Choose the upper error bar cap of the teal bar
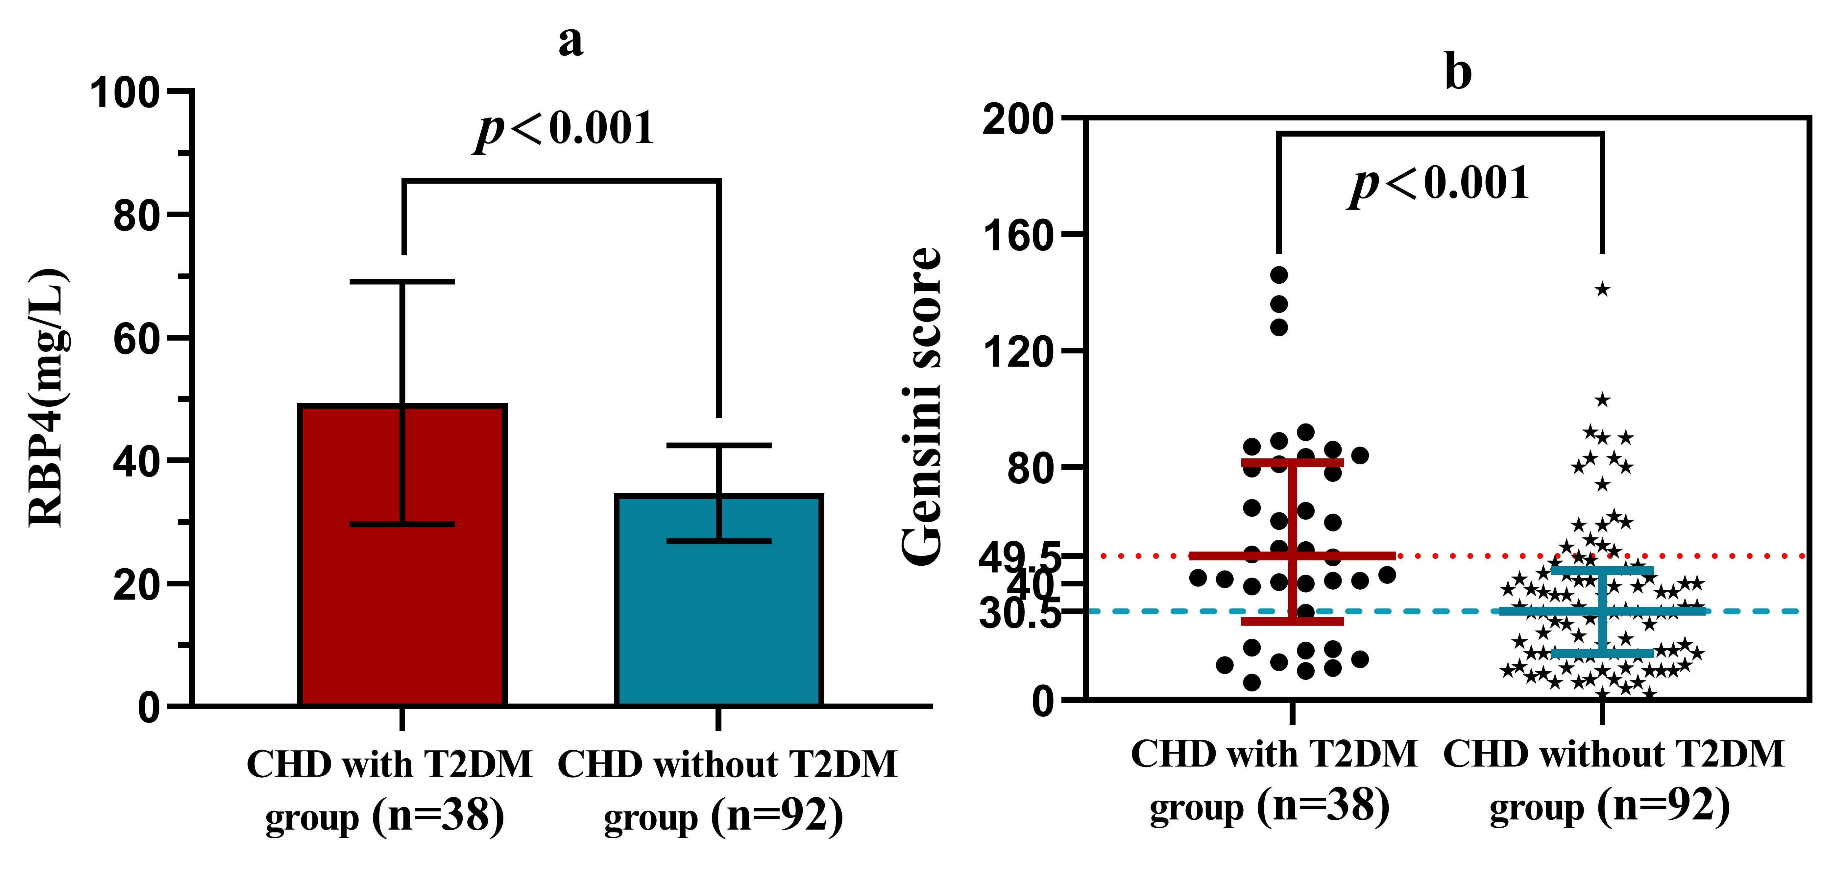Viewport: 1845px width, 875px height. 718,446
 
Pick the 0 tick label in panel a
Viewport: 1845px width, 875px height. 149,707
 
